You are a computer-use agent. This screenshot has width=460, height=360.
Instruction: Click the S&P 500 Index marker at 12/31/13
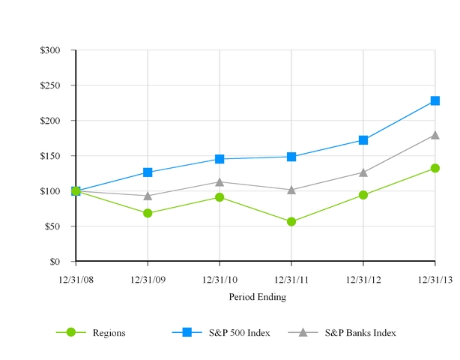tap(435, 100)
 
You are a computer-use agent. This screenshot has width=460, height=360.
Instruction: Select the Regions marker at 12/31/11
tap(291, 222)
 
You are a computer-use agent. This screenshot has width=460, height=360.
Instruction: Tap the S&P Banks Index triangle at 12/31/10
tap(219, 181)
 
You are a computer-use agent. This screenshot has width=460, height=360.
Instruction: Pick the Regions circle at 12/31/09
tap(148, 213)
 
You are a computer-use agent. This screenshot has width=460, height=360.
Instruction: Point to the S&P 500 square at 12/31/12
tap(363, 140)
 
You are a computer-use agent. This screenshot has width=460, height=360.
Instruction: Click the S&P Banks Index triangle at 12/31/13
tap(435, 135)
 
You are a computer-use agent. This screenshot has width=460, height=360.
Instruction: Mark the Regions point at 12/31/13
tap(435, 168)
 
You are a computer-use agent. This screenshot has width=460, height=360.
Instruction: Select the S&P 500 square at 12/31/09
tap(148, 172)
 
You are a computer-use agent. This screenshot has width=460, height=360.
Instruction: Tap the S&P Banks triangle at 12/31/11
tap(291, 190)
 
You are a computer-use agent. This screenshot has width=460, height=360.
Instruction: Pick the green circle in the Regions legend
tap(71, 332)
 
